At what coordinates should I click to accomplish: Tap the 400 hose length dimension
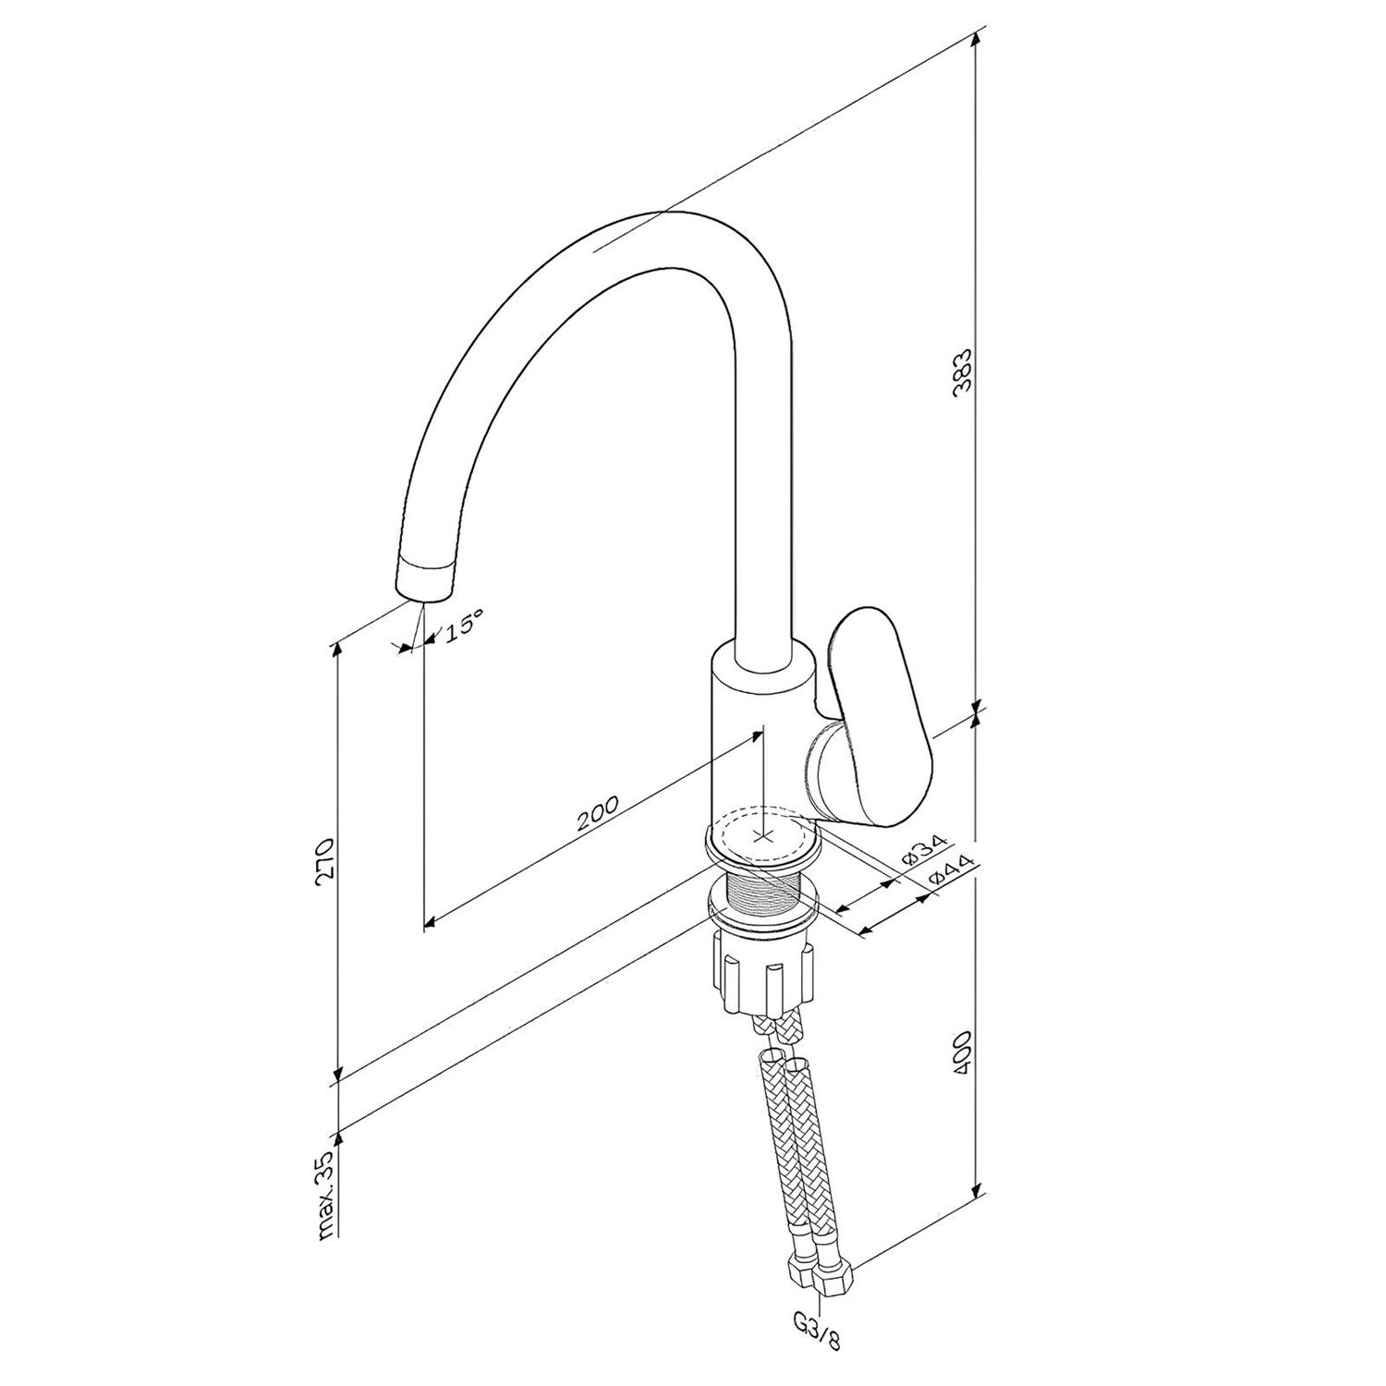pos(963,1049)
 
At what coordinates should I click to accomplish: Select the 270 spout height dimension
pos(322,862)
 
